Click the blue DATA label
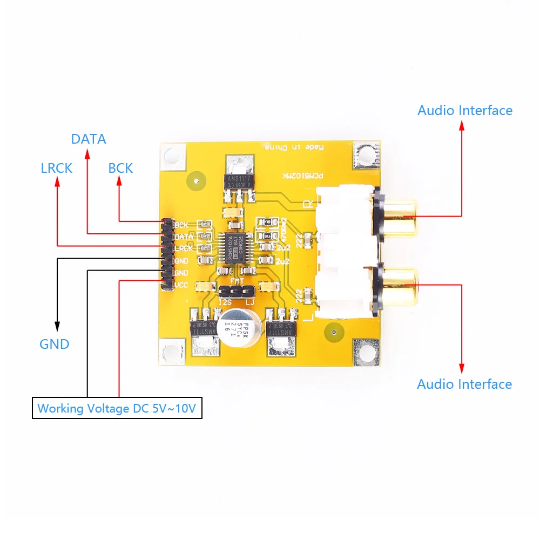click(89, 139)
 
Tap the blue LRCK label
click(56, 168)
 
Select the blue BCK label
click(120, 168)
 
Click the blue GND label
click(55, 344)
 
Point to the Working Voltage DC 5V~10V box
click(117, 408)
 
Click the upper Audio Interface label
click(464, 110)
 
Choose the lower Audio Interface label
click(464, 384)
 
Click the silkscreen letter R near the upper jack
click(308, 204)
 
